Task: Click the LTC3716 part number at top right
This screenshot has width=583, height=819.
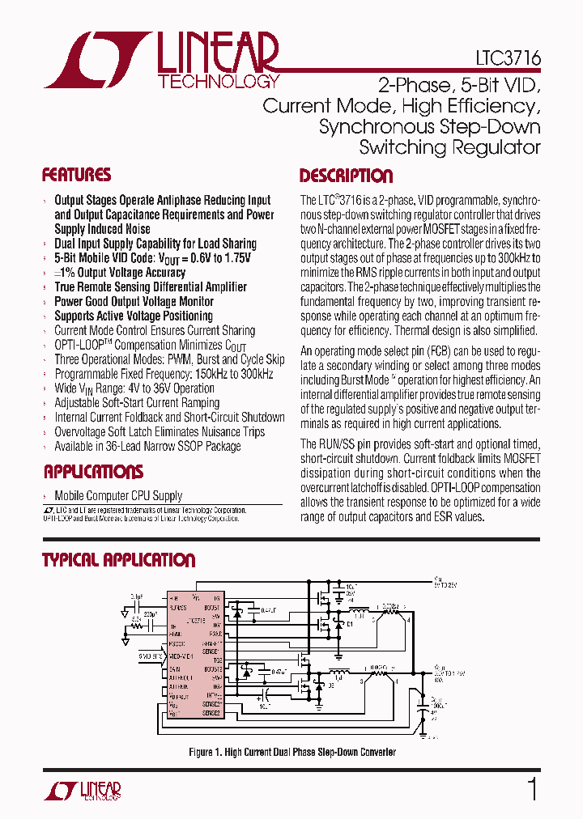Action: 508,59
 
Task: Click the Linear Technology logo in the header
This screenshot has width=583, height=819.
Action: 162,60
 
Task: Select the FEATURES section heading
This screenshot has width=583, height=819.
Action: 77,175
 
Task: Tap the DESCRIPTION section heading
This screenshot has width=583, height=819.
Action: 346,176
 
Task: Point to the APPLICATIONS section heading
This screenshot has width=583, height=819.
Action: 93,472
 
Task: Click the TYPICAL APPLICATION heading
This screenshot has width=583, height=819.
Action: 118,560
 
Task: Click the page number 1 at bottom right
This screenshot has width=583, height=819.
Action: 532,789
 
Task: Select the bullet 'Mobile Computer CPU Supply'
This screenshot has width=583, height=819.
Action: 118,495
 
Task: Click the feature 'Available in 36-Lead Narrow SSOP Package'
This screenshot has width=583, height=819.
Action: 147,446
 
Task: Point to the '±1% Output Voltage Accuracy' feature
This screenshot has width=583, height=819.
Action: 120,273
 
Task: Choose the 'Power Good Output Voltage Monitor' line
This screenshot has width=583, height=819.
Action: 134,301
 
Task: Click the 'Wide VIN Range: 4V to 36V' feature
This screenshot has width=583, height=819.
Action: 134,388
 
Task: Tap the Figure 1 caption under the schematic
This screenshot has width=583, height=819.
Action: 292,752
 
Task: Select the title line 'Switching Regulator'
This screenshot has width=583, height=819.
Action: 449,147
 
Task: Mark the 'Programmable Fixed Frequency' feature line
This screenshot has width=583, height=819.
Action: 164,374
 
